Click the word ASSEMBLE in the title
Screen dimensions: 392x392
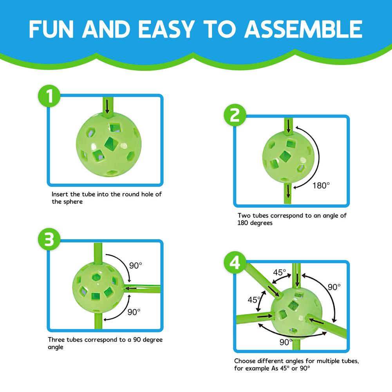(x=303, y=29)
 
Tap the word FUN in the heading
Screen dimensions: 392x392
(x=51, y=29)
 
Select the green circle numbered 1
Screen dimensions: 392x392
(x=49, y=96)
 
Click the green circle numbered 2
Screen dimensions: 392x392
(x=235, y=115)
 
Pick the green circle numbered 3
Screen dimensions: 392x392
(x=49, y=239)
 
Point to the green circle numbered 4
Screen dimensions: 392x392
(x=235, y=263)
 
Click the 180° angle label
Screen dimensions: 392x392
(x=321, y=186)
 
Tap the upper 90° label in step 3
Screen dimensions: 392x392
(x=135, y=265)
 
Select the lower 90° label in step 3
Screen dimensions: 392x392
(x=134, y=312)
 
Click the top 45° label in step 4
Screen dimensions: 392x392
(x=280, y=272)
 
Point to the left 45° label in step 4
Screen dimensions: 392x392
(x=254, y=300)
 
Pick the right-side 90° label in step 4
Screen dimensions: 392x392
(x=334, y=287)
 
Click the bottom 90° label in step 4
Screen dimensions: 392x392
(x=286, y=342)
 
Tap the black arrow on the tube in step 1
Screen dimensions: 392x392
(x=107, y=107)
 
